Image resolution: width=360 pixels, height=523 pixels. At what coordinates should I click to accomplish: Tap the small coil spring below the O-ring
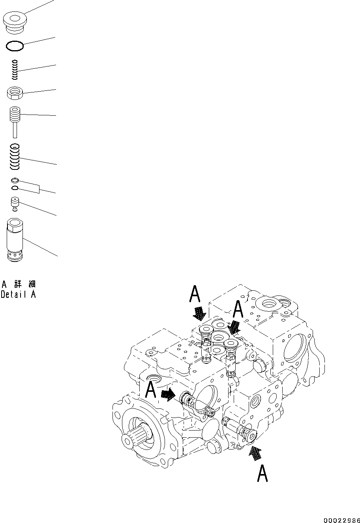[15, 69]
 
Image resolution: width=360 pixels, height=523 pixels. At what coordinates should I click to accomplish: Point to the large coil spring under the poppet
[15, 156]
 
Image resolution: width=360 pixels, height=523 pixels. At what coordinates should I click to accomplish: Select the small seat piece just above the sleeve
[15, 203]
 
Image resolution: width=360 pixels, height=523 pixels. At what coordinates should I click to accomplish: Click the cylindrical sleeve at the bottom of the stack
[15, 240]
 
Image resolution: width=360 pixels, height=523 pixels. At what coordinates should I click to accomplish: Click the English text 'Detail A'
[18, 294]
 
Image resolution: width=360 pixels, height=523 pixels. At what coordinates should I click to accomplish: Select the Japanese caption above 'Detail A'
[18, 284]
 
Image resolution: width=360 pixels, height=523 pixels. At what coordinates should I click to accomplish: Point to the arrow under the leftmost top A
[199, 314]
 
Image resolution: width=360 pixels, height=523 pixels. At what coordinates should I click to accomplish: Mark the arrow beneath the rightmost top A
[234, 327]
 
